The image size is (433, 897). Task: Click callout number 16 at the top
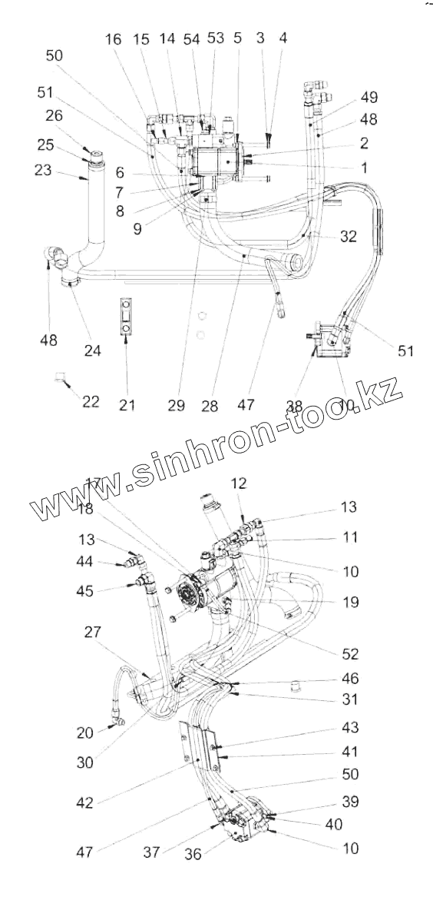[114, 39]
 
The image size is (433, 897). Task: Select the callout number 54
[192, 39]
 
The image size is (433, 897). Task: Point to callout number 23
[43, 171]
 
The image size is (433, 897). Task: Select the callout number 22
[91, 401]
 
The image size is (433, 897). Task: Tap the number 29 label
[177, 406]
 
